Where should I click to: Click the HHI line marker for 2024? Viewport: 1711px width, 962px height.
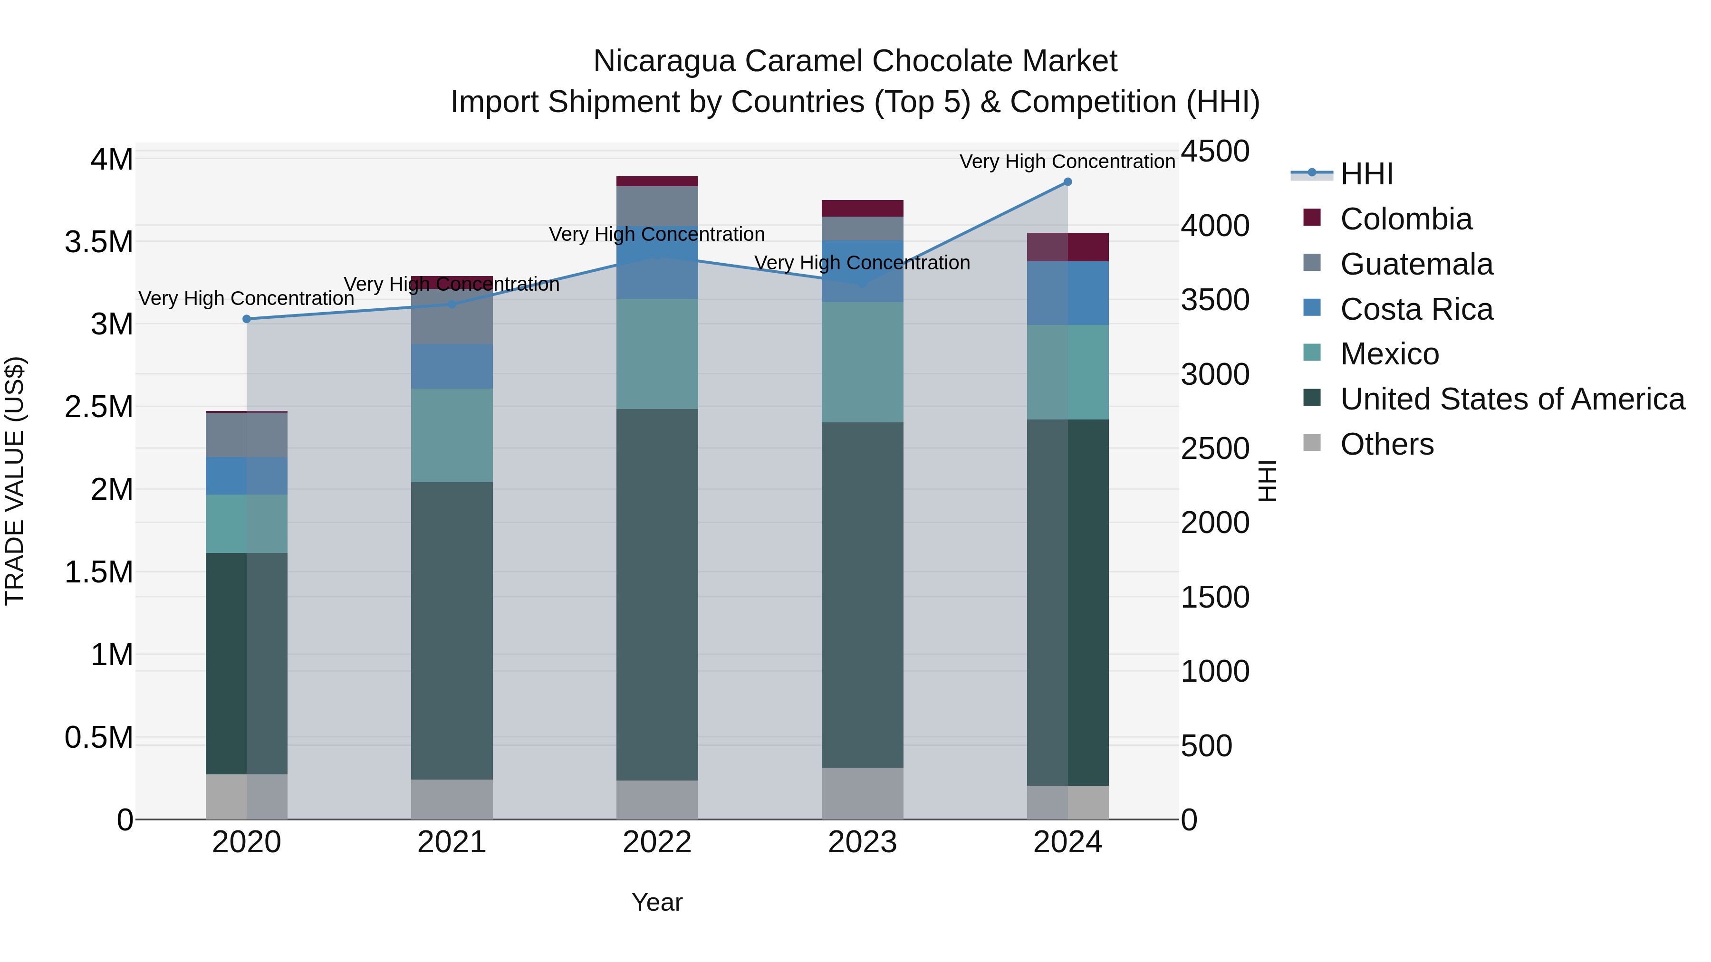point(1067,182)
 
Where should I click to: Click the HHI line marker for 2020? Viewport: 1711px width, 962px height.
point(246,319)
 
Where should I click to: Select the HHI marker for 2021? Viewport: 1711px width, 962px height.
point(452,304)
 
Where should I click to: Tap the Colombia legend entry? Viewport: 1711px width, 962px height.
point(1405,219)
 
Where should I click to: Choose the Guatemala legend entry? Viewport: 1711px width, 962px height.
point(1416,264)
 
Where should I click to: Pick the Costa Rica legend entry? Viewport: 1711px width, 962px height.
point(1416,309)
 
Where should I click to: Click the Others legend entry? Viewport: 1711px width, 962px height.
point(1386,444)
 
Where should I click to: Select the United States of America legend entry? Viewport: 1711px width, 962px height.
point(1512,399)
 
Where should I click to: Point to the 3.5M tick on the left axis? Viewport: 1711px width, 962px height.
point(99,242)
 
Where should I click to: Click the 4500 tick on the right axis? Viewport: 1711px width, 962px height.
point(1215,152)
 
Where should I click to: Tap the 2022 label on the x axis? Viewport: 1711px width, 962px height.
point(657,842)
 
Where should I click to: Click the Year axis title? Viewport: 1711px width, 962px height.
point(657,902)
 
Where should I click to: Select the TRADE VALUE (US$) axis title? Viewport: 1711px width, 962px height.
point(15,481)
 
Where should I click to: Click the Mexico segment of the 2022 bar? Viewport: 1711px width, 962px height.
point(657,354)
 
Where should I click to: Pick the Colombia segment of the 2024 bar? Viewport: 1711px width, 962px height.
point(1067,247)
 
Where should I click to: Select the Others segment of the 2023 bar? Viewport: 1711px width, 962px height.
point(862,793)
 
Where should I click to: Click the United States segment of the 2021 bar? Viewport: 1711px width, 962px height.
point(452,631)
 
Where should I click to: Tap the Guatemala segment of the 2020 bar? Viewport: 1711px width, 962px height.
point(246,435)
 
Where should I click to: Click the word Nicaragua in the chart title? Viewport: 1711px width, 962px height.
point(663,61)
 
